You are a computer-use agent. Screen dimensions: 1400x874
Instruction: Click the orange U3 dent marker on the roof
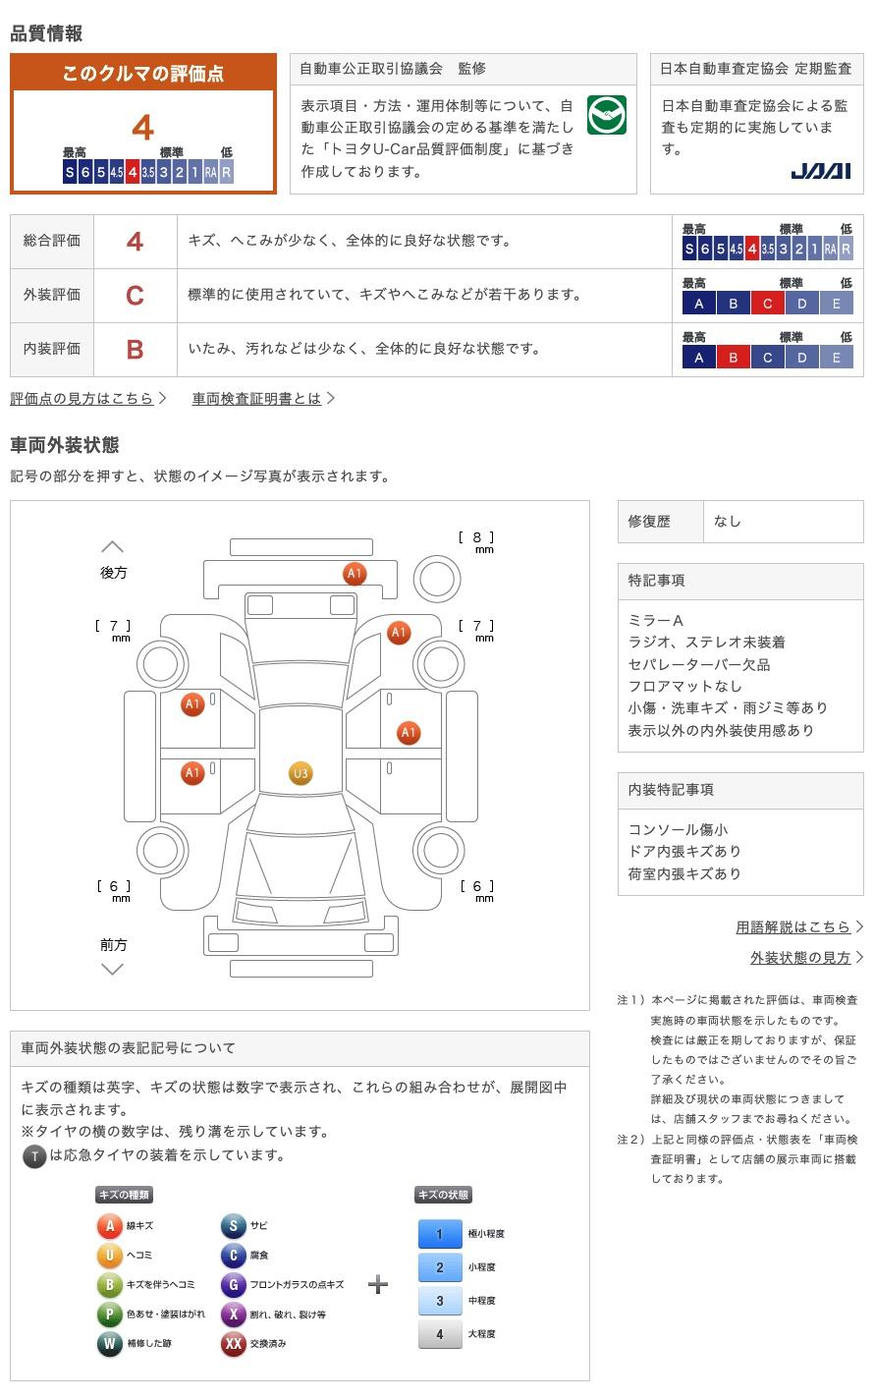pyautogui.click(x=300, y=774)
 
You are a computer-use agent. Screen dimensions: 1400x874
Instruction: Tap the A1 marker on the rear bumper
pyautogui.click(x=355, y=574)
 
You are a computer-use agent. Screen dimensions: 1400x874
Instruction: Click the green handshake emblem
pyautogui.click(x=606, y=116)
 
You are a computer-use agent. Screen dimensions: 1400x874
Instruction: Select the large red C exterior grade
pyautogui.click(x=135, y=295)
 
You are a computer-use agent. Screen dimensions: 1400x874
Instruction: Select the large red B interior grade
pyautogui.click(x=135, y=349)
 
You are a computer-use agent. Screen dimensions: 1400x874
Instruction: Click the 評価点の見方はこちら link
pyautogui.click(x=82, y=398)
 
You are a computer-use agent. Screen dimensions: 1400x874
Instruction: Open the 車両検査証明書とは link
pyautogui.click(x=257, y=398)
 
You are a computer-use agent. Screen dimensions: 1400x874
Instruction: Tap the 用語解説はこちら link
pyautogui.click(x=793, y=926)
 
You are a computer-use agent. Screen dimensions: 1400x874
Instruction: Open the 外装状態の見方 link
pyautogui.click(x=800, y=957)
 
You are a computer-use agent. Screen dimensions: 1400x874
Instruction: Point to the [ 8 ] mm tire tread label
pyautogui.click(x=476, y=539)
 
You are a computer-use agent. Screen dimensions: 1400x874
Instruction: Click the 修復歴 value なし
pyautogui.click(x=728, y=522)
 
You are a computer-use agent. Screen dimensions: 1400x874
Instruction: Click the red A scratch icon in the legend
pyautogui.click(x=109, y=1226)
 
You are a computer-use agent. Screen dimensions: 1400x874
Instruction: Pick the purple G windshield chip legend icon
pyautogui.click(x=233, y=1285)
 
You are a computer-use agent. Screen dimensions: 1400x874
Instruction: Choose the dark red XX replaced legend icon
pyautogui.click(x=233, y=1344)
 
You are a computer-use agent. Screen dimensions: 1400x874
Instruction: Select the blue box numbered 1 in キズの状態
pyautogui.click(x=439, y=1234)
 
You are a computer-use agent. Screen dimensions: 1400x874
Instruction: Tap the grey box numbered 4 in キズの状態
pyautogui.click(x=439, y=1334)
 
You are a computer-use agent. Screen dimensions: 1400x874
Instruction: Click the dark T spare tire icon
pyautogui.click(x=34, y=1156)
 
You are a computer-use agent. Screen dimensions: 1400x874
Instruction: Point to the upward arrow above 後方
pyautogui.click(x=113, y=546)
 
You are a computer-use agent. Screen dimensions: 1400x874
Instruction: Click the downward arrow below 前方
pyautogui.click(x=113, y=970)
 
